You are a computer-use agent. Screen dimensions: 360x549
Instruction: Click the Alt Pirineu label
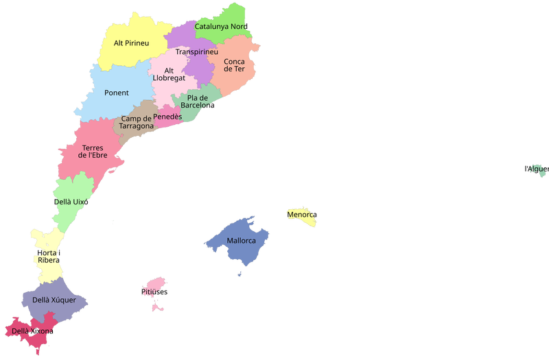[131, 43]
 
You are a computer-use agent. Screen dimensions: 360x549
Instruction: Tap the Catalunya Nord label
[223, 27]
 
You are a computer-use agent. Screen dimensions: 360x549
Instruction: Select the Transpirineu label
[196, 52]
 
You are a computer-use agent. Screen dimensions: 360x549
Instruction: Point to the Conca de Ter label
[234, 64]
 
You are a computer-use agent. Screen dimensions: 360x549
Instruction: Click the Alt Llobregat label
[169, 74]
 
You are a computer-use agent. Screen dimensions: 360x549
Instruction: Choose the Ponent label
[117, 93]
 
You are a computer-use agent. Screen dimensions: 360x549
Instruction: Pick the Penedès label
[167, 117]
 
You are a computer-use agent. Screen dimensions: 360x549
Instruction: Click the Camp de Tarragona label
[137, 122]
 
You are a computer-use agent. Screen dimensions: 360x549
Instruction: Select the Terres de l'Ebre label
[93, 151]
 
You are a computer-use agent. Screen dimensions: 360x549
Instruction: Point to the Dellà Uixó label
[71, 202]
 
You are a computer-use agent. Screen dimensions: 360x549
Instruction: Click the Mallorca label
[241, 241]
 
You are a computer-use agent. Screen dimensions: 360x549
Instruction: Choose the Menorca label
[302, 215]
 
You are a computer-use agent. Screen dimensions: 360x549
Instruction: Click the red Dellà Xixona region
[21, 343]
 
